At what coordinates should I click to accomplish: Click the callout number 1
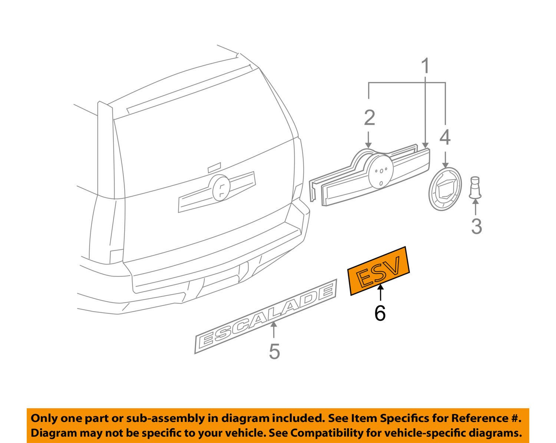tap(426, 66)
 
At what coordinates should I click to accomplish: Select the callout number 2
tap(369, 118)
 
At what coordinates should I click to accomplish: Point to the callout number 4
tap(445, 137)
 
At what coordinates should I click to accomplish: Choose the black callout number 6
tap(380, 313)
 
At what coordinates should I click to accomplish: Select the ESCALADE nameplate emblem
tap(266, 316)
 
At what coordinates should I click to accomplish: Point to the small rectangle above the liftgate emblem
tap(214, 166)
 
